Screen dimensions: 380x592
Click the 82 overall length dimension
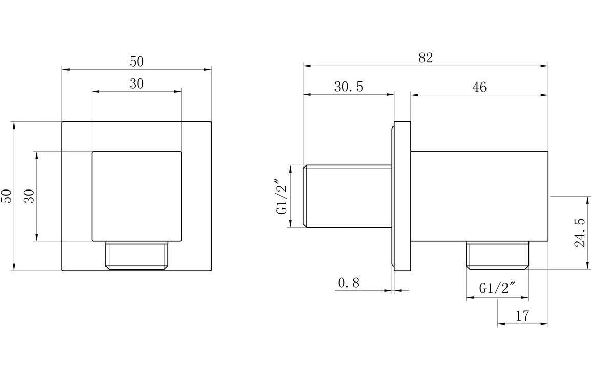point(426,58)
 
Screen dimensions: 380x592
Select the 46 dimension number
point(479,87)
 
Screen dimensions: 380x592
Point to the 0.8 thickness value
point(349,282)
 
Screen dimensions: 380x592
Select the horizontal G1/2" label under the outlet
point(497,289)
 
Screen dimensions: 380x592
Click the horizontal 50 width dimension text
point(136,61)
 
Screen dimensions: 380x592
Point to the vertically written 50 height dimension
point(7,196)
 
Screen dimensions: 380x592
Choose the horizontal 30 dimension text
point(136,83)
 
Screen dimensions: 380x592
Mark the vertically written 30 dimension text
point(29,196)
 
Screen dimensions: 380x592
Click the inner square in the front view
point(137,196)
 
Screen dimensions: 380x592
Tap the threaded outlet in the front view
point(137,255)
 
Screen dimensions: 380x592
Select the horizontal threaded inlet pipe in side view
point(348,196)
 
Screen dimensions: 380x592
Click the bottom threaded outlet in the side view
point(497,256)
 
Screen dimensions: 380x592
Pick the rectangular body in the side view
point(479,196)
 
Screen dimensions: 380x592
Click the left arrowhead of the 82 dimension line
point(306,66)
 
